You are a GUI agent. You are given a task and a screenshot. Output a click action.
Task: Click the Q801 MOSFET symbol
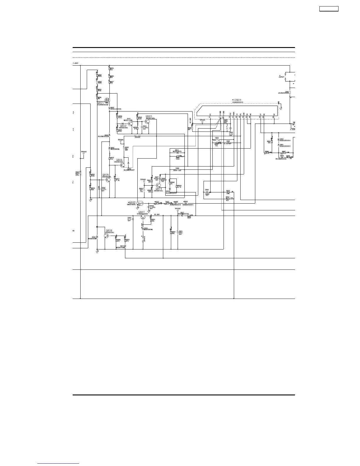(107, 100)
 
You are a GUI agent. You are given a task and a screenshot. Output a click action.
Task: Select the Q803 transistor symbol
(147, 122)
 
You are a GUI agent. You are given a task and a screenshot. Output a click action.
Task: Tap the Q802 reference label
(123, 126)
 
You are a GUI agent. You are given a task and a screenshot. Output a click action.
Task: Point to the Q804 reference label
(119, 160)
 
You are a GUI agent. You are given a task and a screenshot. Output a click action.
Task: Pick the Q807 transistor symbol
(143, 217)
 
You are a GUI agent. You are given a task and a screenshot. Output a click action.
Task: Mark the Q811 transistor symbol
(159, 185)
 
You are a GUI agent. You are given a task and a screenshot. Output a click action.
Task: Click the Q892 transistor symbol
(140, 203)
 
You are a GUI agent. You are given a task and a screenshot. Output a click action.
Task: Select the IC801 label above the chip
(237, 100)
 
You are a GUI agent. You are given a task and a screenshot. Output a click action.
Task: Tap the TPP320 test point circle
(84, 154)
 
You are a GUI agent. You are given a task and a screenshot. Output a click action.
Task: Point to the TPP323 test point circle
(177, 210)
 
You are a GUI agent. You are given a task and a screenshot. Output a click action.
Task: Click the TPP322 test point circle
(144, 181)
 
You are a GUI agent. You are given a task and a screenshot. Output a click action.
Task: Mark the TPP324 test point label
(121, 139)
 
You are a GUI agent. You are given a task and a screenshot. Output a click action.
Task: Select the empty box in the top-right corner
(329, 9)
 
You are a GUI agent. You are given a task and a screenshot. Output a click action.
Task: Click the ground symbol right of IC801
(281, 107)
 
